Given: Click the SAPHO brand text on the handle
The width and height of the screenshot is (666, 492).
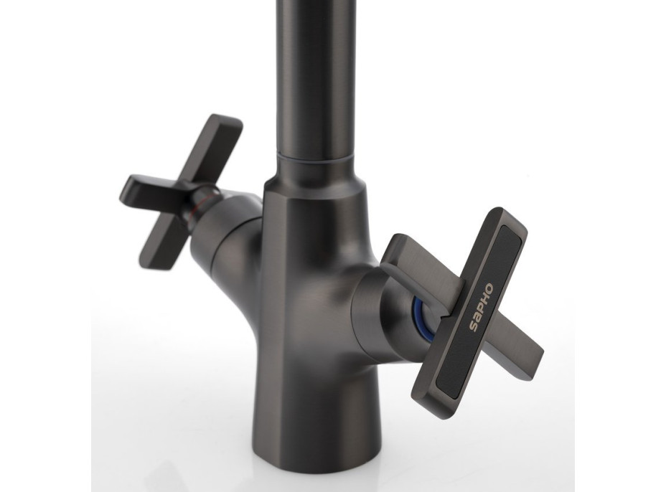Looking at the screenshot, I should (x=481, y=306).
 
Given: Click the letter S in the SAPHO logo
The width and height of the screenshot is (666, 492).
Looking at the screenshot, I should (x=473, y=326).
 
